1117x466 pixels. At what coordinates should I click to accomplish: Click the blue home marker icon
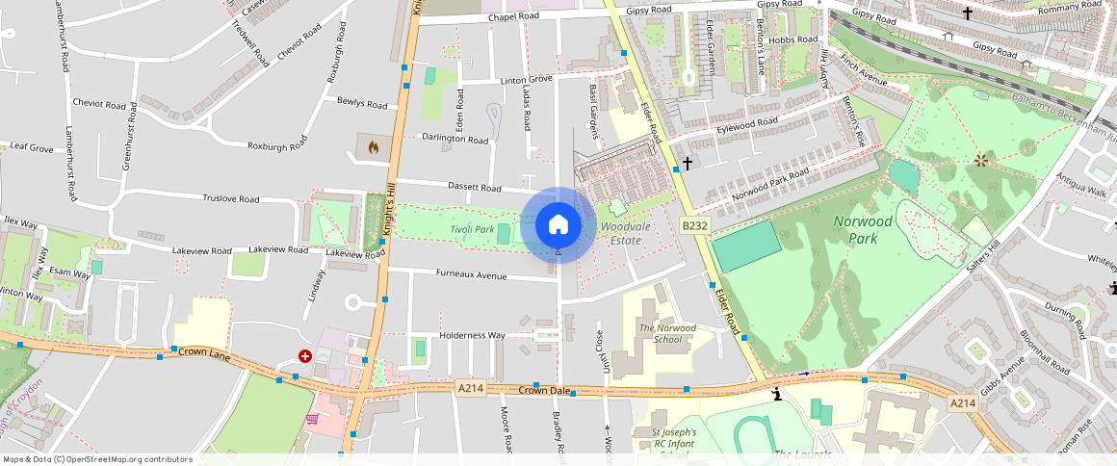558,225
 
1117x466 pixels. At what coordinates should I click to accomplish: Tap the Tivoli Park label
473,229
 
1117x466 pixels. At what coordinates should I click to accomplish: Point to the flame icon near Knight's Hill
373,147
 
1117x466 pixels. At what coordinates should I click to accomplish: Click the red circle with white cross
305,355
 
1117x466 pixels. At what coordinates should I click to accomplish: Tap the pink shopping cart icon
312,419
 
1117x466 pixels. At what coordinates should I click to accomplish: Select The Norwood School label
667,334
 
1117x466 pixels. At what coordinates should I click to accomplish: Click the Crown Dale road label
545,390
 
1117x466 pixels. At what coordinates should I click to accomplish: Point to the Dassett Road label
475,187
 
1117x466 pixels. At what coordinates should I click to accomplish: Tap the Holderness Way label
472,335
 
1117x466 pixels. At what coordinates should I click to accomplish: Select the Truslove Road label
231,199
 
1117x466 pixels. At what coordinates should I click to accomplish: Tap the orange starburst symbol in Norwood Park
980,160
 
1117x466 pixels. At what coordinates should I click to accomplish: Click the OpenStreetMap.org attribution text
97,459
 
